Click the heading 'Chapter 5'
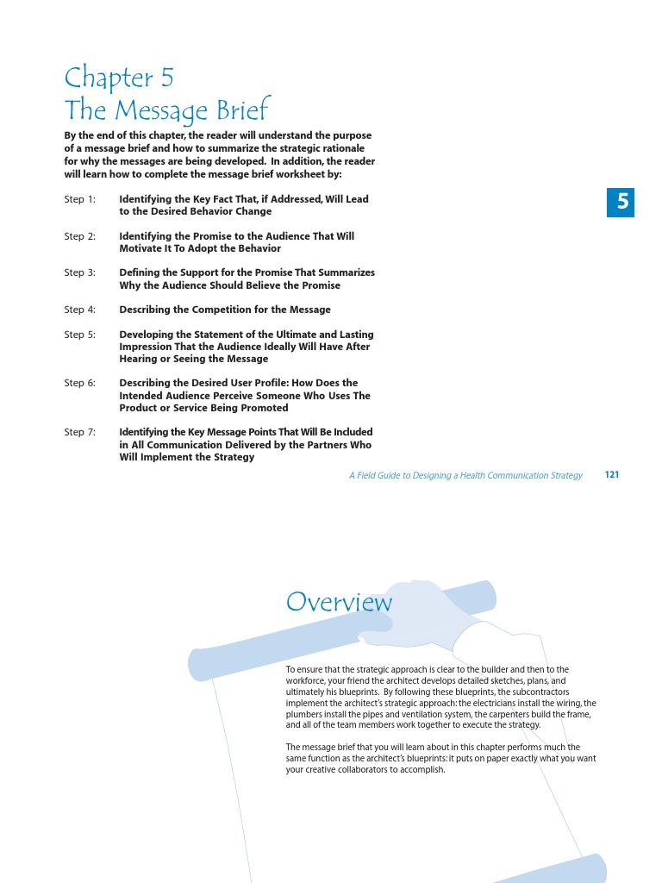(119, 78)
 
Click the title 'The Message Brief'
(167, 110)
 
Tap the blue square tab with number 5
(621, 203)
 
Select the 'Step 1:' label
(80, 199)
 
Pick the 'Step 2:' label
(80, 236)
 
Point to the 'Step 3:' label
(80, 272)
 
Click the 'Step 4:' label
(80, 310)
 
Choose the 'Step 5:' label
(80, 335)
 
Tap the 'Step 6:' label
(80, 383)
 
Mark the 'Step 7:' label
(80, 432)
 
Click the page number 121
(612, 475)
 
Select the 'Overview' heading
(339, 602)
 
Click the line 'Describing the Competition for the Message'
(224, 310)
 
